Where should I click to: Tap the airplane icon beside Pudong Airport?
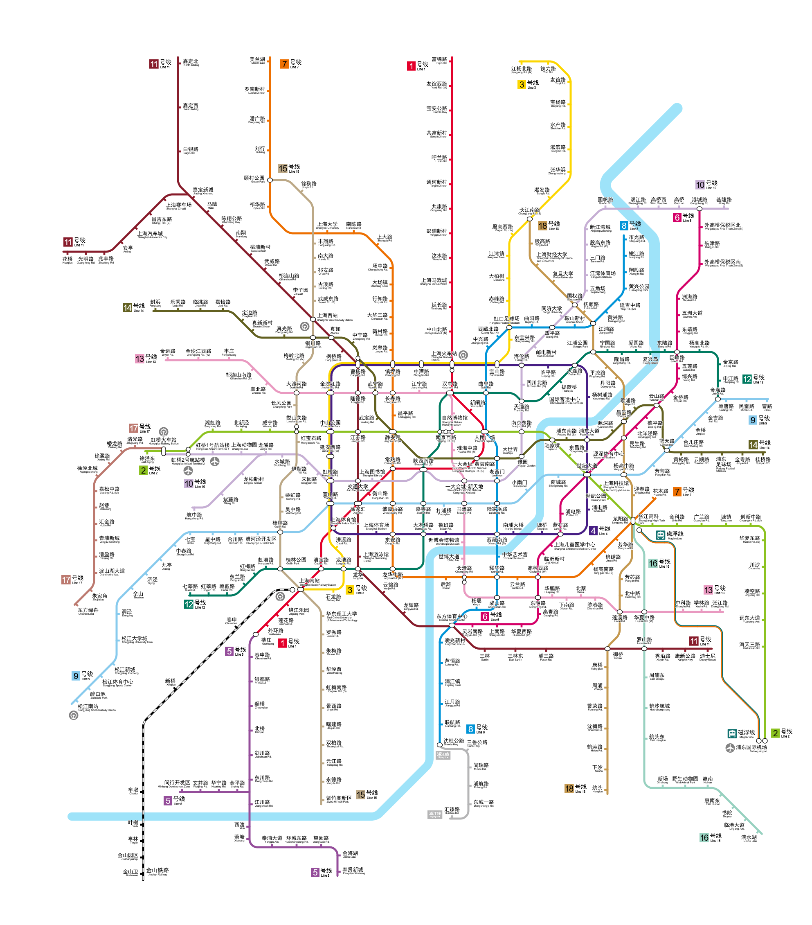[x=730, y=748]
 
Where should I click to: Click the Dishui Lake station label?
[x=749, y=839]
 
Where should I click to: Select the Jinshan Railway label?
[x=157, y=872]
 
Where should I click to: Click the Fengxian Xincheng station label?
[x=353, y=871]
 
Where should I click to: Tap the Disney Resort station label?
[x=708, y=657]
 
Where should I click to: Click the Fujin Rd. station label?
[x=440, y=60]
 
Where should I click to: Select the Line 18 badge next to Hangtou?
[x=569, y=788]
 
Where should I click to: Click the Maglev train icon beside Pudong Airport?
[x=732, y=733]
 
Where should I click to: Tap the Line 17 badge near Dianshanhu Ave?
[x=66, y=580]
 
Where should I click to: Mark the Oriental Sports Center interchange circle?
[x=452, y=625]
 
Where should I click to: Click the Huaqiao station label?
[x=67, y=260]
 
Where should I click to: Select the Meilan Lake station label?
[x=258, y=60]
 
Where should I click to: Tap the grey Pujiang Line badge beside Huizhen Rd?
[x=435, y=814]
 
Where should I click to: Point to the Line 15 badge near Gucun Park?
[x=283, y=168]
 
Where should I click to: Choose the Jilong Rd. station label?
[x=724, y=201]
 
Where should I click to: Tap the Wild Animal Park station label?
[x=685, y=780]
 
